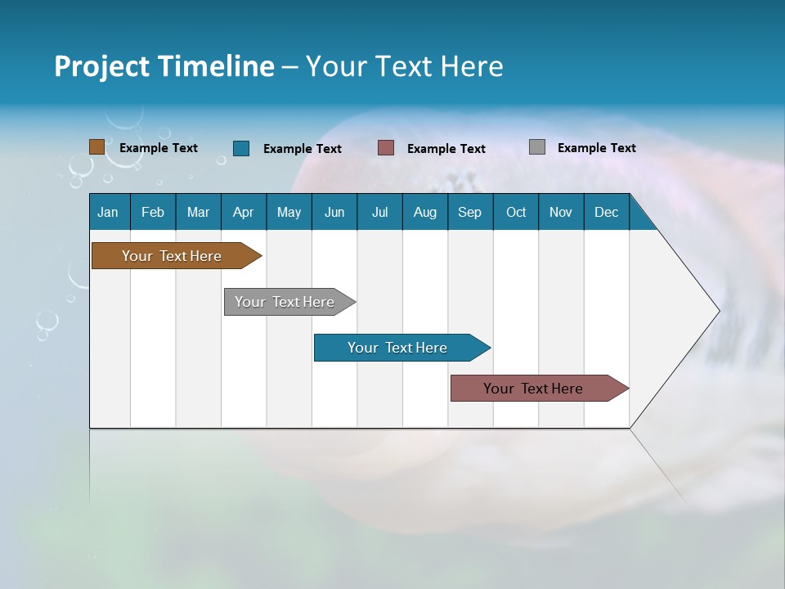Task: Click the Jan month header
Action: [x=109, y=212]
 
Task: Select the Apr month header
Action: [x=244, y=212]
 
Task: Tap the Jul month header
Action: [x=380, y=212]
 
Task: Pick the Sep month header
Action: [x=470, y=212]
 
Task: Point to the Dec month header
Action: [x=607, y=212]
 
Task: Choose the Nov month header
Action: [x=561, y=212]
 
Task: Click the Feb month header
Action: [x=153, y=212]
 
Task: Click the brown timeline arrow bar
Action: [x=173, y=256]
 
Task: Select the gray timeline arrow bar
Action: [x=285, y=302]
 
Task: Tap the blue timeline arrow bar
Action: [x=397, y=348]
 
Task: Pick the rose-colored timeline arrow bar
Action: [x=533, y=389]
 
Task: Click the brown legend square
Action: [x=97, y=147]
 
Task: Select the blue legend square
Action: [x=241, y=148]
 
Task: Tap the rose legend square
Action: [x=386, y=148]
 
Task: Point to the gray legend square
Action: [x=537, y=147]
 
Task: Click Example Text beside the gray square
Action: [x=596, y=148]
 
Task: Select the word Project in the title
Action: [x=102, y=67]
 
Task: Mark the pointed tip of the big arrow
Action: [x=717, y=311]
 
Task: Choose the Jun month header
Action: [x=334, y=212]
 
